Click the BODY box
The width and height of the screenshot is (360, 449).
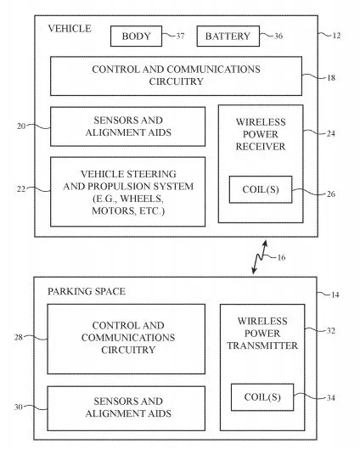pos(136,36)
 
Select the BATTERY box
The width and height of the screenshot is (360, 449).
pos(228,36)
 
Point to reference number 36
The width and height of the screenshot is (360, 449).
pos(278,36)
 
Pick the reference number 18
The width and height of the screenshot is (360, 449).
pos(330,78)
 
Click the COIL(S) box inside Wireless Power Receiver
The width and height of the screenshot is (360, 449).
pos(259,189)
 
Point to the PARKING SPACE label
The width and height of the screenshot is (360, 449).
pos(87,291)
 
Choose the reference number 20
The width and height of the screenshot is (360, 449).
pos(21,126)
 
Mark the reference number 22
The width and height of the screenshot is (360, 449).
pos(21,190)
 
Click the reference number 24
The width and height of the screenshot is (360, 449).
pos(330,132)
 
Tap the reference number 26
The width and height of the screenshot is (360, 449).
pos(330,194)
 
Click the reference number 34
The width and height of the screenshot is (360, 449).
pos(331,396)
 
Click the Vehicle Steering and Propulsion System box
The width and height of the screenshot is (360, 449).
pos(127,192)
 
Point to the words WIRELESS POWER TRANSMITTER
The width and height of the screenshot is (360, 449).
pos(267,334)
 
